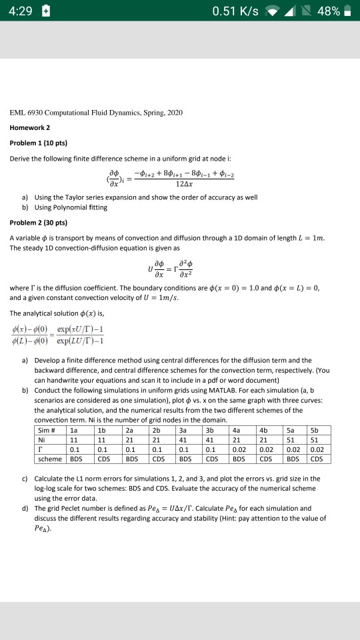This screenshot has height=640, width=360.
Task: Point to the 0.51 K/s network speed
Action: (237, 12)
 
